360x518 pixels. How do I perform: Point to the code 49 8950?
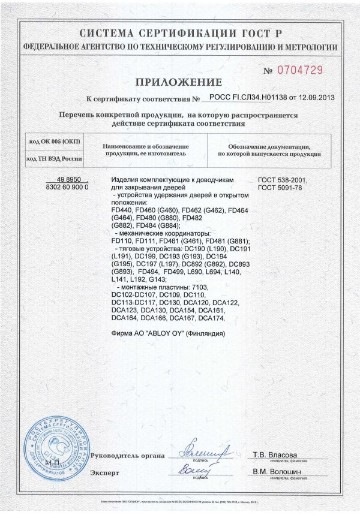68,180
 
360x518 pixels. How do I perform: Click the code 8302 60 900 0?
67,187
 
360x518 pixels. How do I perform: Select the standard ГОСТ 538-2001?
282,180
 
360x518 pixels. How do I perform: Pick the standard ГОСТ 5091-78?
280,187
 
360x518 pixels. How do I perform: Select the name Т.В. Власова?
275,454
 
